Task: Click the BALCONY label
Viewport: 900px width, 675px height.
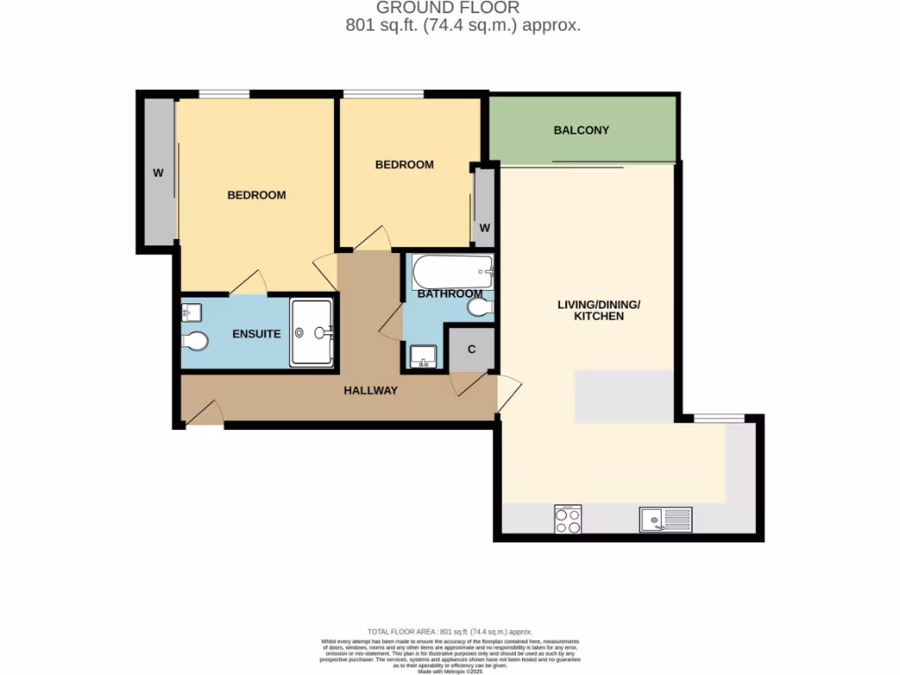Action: click(x=581, y=130)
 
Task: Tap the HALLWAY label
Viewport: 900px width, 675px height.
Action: click(x=370, y=390)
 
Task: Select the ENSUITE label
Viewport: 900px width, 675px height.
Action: click(x=257, y=334)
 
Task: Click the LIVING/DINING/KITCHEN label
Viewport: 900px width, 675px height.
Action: click(x=599, y=310)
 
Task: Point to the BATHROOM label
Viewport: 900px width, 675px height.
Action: click(x=449, y=294)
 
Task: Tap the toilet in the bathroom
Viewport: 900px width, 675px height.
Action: click(x=481, y=308)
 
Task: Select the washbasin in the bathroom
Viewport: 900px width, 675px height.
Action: click(x=423, y=356)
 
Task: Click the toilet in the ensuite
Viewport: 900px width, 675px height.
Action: click(x=195, y=341)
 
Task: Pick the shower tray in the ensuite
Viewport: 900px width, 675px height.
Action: click(x=312, y=332)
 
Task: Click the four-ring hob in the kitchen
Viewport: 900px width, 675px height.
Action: click(x=568, y=519)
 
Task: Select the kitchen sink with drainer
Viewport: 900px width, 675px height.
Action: click(x=665, y=520)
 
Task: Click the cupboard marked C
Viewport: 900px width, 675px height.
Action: click(x=471, y=349)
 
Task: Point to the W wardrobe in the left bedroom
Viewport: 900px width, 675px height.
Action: click(x=159, y=172)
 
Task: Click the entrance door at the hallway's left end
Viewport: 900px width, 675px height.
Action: click(x=204, y=414)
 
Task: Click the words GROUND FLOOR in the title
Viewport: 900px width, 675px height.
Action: click(x=448, y=8)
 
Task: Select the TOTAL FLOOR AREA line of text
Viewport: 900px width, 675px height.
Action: click(x=450, y=632)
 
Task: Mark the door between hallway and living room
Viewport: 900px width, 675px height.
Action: click(x=509, y=393)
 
